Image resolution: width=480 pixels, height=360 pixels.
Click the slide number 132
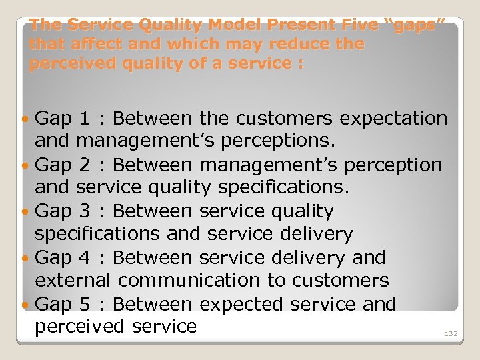point(451,333)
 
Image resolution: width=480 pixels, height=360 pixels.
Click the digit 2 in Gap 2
point(84,165)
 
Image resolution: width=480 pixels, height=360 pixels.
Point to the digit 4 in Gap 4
point(84,257)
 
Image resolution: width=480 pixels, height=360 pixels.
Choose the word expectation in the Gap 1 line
point(393,119)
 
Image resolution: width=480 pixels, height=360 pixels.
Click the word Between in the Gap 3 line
point(153,211)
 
